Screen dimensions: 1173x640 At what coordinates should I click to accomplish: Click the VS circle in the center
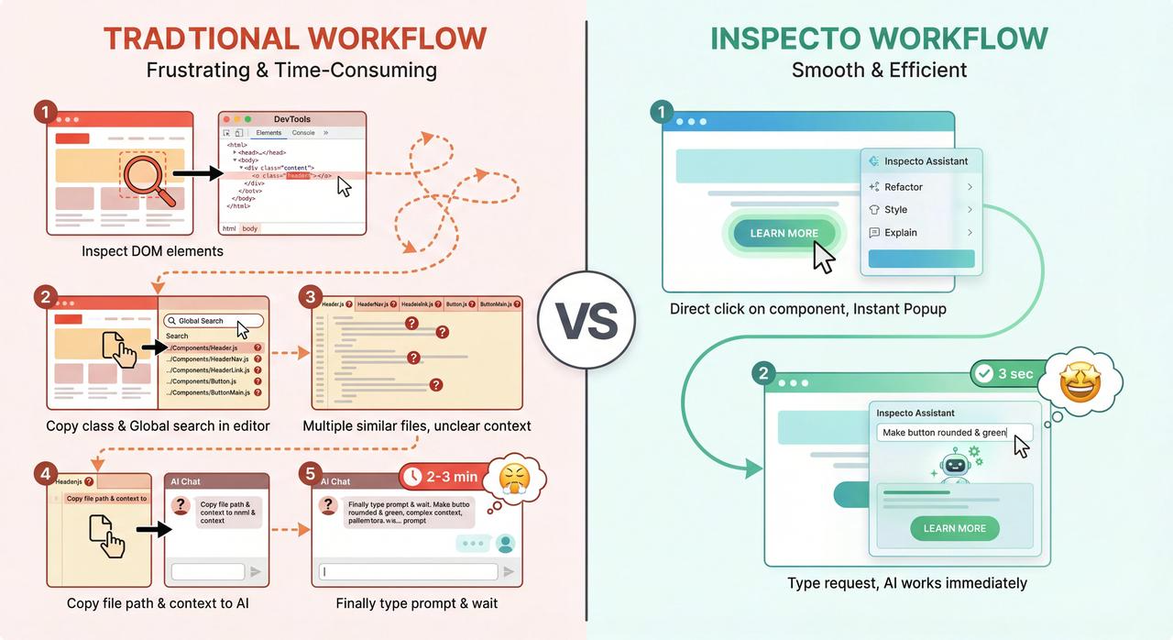pos(586,320)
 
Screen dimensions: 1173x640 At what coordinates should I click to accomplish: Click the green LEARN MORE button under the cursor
pos(784,233)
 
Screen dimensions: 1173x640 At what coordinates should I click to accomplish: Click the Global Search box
pos(214,321)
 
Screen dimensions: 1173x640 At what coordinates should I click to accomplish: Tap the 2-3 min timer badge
pos(440,477)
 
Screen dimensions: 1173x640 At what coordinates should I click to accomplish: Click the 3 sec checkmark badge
pos(1006,374)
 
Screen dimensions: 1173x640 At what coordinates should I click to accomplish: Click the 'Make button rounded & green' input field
pos(954,433)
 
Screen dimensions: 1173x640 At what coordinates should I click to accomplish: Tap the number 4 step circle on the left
pos(45,473)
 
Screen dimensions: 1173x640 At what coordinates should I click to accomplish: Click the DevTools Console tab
pos(303,133)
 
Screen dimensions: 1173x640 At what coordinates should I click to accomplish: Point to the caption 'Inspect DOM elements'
pos(152,251)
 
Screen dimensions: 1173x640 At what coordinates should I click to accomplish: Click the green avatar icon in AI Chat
pos(505,544)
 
